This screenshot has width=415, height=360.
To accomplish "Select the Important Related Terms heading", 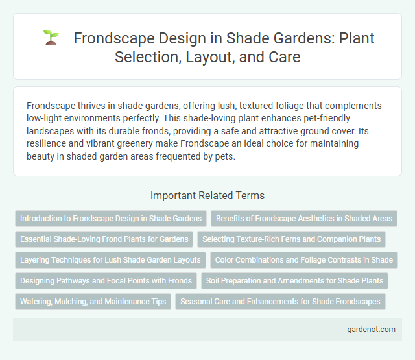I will tap(207, 195).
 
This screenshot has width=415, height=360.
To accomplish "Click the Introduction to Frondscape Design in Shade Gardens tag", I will tap(111, 219).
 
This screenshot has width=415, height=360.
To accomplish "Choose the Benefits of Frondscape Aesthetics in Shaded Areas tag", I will tap(303, 219).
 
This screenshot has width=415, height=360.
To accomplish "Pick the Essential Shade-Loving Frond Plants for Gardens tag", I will tap(104, 239).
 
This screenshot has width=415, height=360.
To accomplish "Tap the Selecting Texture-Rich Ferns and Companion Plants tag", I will tap(291, 239).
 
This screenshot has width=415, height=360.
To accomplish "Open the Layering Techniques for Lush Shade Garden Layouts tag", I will tap(110, 260).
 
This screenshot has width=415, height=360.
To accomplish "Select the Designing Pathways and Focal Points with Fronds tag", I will tap(106, 281).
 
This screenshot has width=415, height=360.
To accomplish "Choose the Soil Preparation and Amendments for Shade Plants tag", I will tap(294, 281).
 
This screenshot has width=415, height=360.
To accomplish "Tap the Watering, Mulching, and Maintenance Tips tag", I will tap(93, 302).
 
